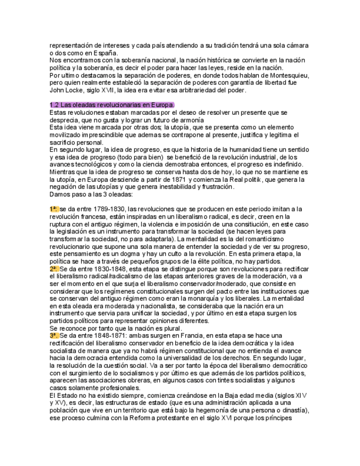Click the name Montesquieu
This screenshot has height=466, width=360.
(x=289, y=75)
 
